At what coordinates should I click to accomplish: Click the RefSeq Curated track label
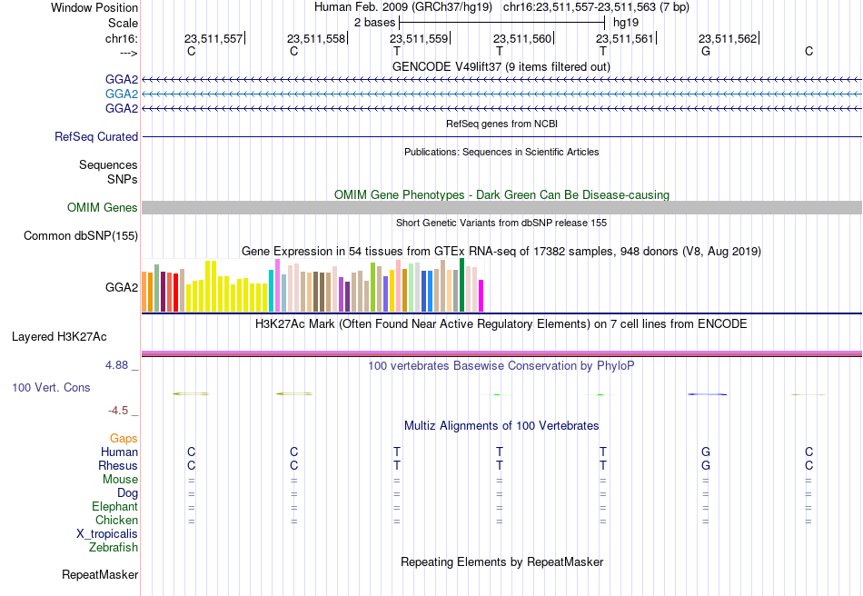[x=96, y=136]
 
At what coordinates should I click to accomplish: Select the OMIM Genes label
[x=103, y=207]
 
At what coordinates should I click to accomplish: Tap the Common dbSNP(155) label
[x=81, y=235]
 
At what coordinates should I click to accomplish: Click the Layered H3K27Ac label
[x=59, y=337]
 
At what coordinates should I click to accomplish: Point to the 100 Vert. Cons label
[x=51, y=387]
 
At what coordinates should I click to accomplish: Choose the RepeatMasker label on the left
[x=100, y=574]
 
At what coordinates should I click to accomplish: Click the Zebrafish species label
[x=114, y=547]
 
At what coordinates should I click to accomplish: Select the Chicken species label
[x=116, y=520]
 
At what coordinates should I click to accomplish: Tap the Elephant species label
[x=115, y=506]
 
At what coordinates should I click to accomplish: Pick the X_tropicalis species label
[x=107, y=534]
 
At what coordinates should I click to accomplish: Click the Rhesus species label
[x=118, y=465]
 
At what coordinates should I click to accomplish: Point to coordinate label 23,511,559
[x=419, y=38]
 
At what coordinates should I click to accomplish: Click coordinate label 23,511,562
[x=728, y=38]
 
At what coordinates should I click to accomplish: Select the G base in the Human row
[x=706, y=452]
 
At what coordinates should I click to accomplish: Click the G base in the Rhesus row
[x=706, y=465]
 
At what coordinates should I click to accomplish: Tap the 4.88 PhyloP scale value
[x=116, y=365]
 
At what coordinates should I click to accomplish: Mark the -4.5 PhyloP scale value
[x=118, y=411]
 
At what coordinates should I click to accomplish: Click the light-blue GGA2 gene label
[x=122, y=94]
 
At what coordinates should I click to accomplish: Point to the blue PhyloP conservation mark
[x=708, y=394]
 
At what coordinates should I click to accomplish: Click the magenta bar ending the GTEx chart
[x=481, y=296]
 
